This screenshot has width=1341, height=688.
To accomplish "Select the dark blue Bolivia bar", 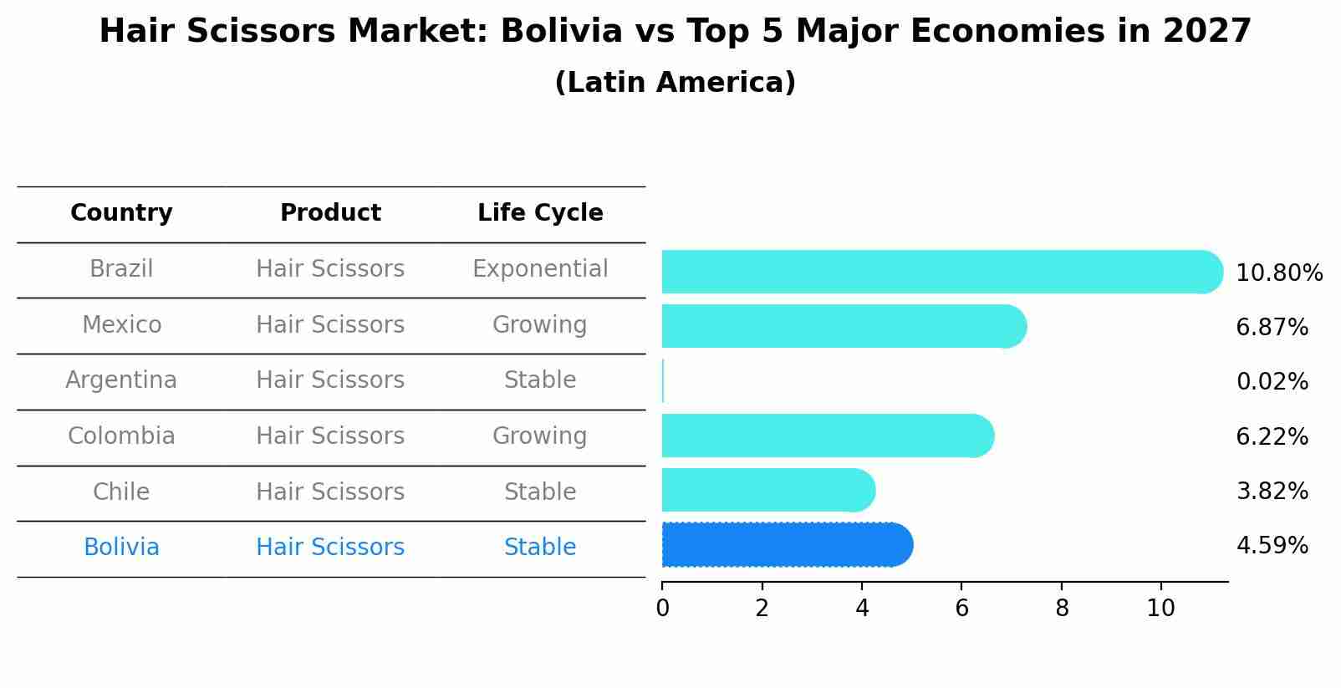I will [x=786, y=545].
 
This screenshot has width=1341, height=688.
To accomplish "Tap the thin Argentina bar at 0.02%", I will [x=663, y=381].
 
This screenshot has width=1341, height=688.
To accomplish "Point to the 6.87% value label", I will [x=1272, y=327].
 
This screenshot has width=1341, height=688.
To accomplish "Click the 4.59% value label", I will [x=1272, y=546].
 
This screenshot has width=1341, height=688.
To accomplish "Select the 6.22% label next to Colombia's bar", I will [x=1272, y=436].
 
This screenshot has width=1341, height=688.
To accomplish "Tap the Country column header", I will [x=121, y=213].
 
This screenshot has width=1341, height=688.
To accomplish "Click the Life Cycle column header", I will [x=540, y=213].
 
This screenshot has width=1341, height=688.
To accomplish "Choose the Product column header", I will [x=330, y=213].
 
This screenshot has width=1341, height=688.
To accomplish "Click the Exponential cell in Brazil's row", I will [x=540, y=269].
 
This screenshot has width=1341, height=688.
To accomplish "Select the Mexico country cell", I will [x=121, y=324].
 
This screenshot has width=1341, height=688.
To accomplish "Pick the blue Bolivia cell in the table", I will [x=121, y=548].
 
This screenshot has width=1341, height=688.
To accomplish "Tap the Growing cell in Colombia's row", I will [x=540, y=436].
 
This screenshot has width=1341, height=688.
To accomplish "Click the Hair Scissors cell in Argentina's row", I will [x=330, y=380].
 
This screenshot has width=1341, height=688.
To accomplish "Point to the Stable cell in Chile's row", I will [x=540, y=492].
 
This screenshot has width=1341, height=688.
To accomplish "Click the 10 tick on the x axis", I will [x=1160, y=609].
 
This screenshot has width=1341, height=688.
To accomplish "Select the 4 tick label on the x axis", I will [x=862, y=609].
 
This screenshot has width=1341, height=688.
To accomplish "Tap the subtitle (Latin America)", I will [x=675, y=83].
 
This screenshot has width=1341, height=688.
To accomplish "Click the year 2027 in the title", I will [x=1206, y=32].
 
